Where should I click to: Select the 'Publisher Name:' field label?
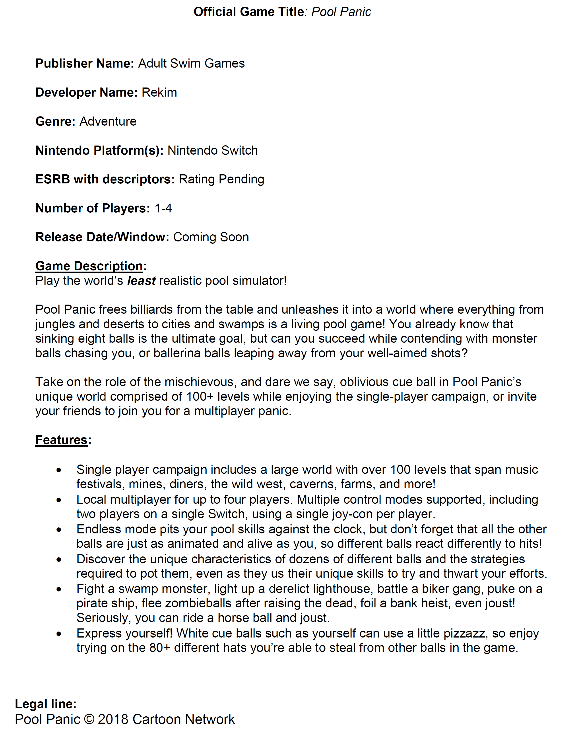[x=85, y=64]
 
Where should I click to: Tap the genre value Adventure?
[x=108, y=121]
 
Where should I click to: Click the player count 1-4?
[x=163, y=208]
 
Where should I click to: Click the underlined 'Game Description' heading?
[x=89, y=266]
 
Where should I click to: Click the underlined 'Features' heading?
[x=62, y=440]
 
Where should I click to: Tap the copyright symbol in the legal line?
[x=89, y=719]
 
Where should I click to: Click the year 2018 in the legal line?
[x=113, y=719]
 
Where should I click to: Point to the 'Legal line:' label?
[x=46, y=704]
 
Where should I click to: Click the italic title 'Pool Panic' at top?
[x=341, y=12]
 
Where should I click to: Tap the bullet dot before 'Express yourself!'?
[x=59, y=634]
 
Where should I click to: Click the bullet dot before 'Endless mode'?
[x=59, y=530]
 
